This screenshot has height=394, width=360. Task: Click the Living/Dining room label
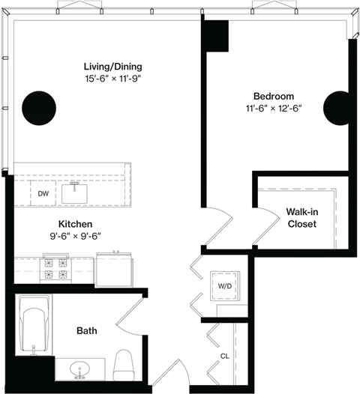point(113,66)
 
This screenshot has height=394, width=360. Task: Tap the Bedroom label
point(273,96)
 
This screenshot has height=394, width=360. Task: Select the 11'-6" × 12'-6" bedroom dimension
point(273,109)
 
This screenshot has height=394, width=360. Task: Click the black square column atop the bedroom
point(217,35)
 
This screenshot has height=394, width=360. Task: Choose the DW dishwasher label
point(43,194)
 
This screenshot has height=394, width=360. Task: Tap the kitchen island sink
point(75,193)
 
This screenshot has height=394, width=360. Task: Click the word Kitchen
point(75,224)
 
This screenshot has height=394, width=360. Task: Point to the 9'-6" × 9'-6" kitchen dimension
point(75,236)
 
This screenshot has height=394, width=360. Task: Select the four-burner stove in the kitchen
point(55,268)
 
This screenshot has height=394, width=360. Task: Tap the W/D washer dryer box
point(224,285)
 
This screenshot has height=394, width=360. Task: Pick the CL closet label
point(224,357)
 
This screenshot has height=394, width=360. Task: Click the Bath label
point(86,330)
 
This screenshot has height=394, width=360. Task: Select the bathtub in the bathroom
point(34,326)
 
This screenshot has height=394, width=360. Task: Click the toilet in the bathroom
point(123,364)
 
